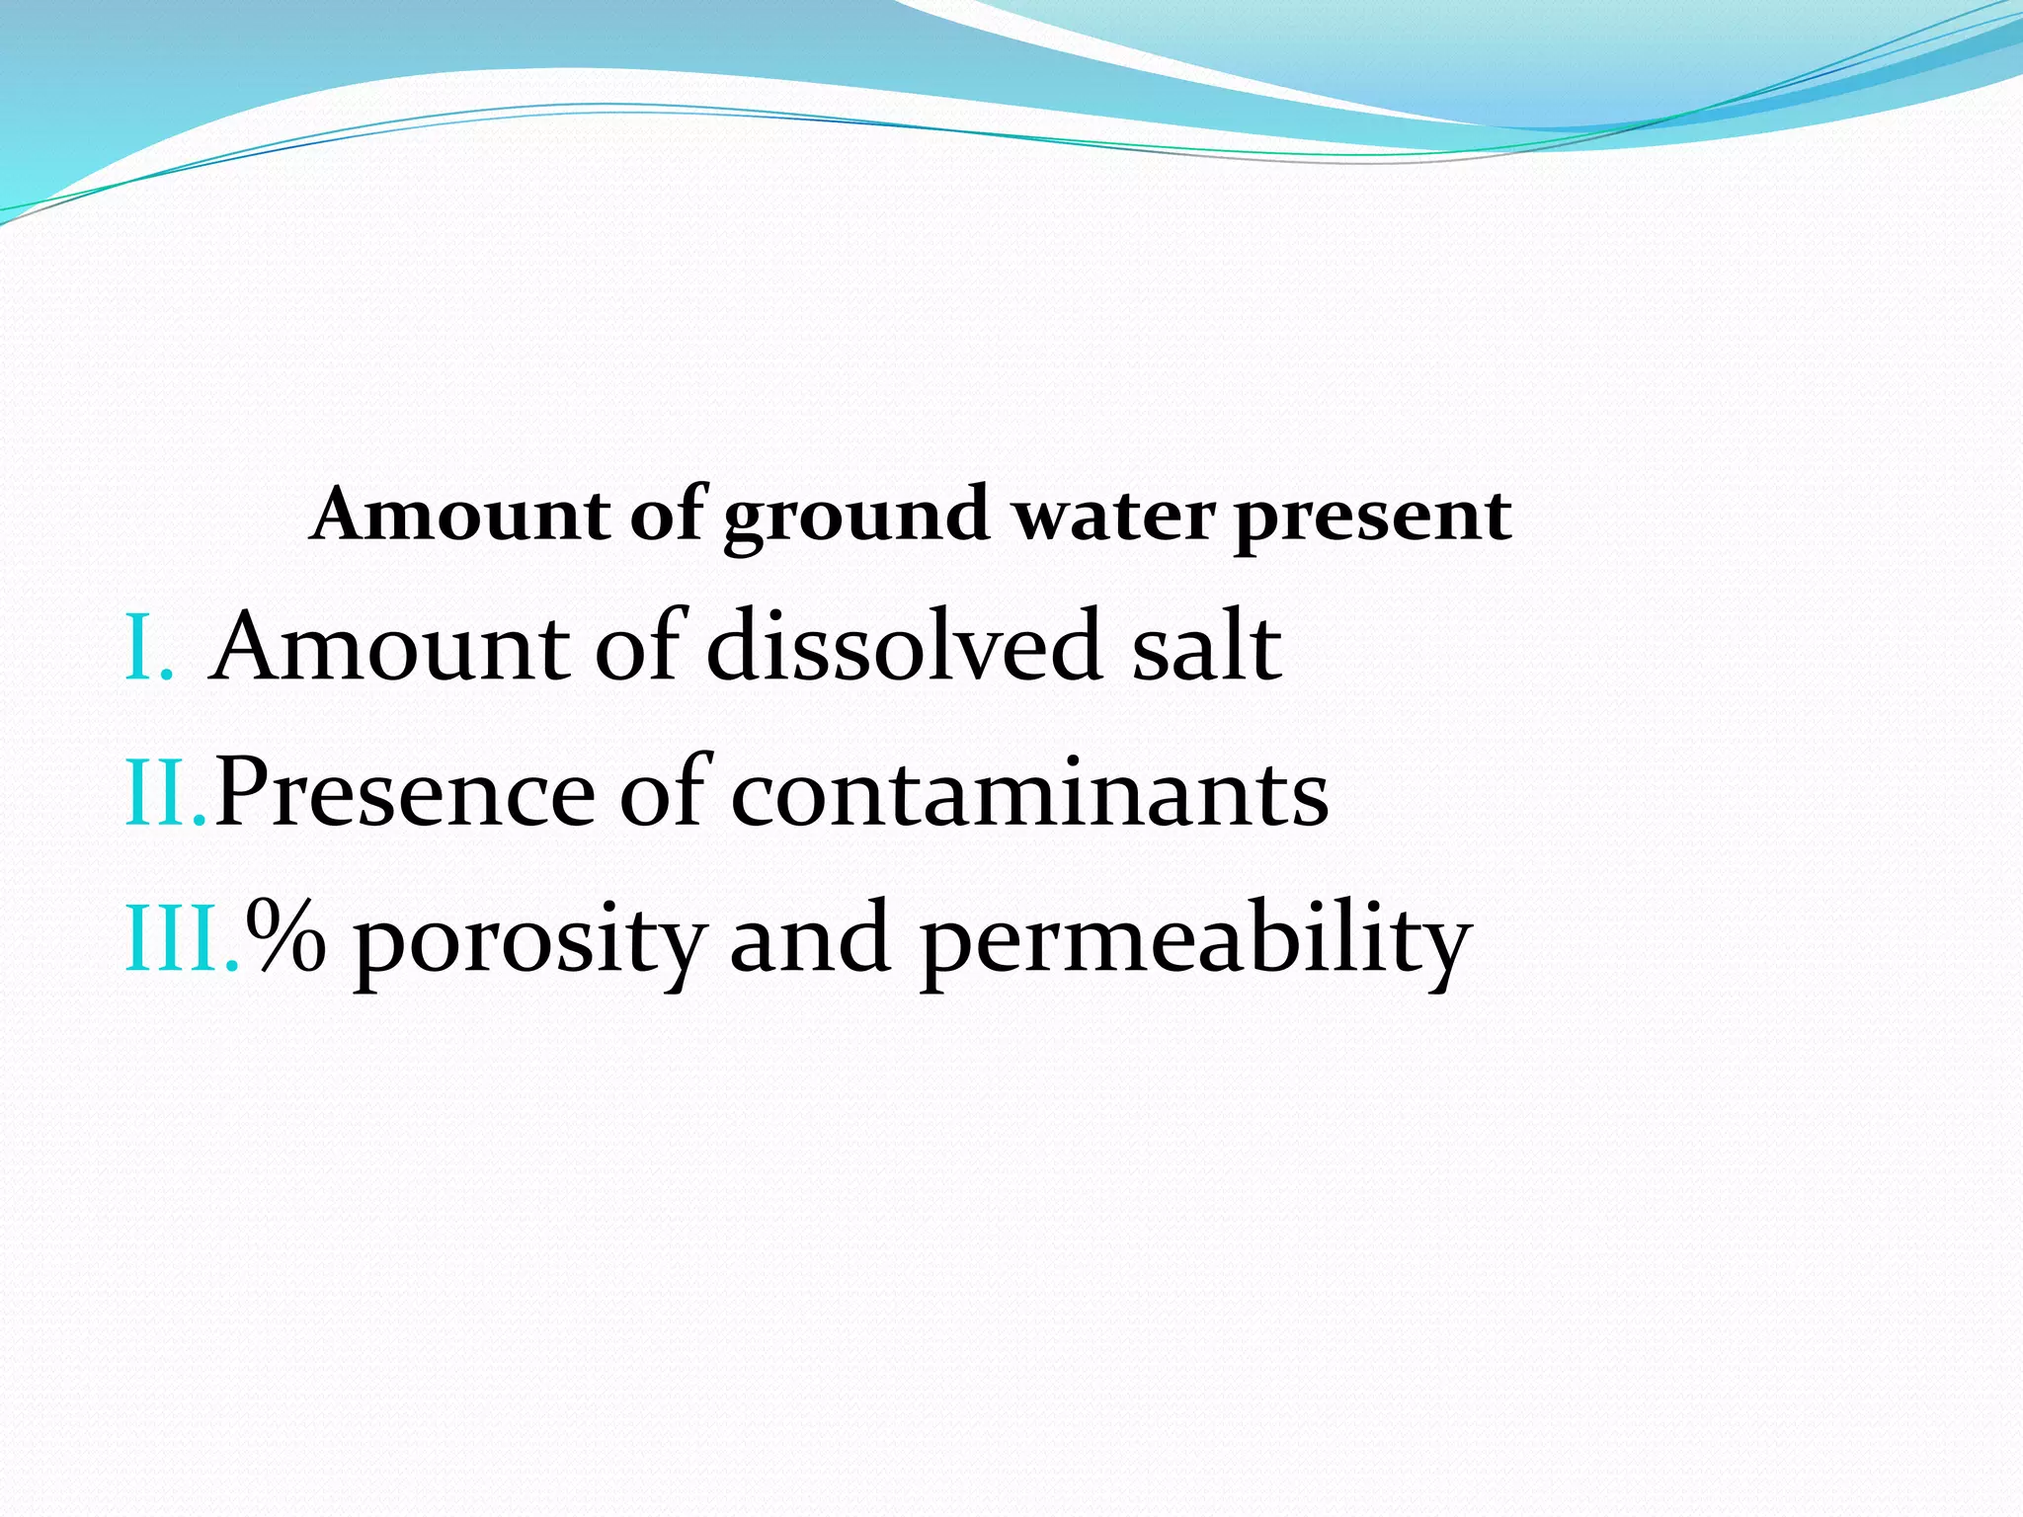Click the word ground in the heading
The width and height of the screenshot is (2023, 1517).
coord(855,517)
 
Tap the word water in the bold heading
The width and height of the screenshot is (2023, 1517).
coord(1113,517)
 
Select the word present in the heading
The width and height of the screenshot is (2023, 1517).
coord(1372,517)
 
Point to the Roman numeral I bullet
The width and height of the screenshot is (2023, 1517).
coord(148,649)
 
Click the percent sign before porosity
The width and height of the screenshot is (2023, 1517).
coord(285,939)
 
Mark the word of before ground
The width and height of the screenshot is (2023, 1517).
coord(668,515)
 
